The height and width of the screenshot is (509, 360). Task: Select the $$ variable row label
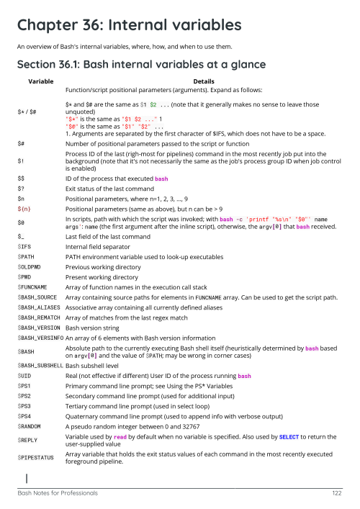[22, 177]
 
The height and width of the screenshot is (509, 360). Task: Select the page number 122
[336, 493]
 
